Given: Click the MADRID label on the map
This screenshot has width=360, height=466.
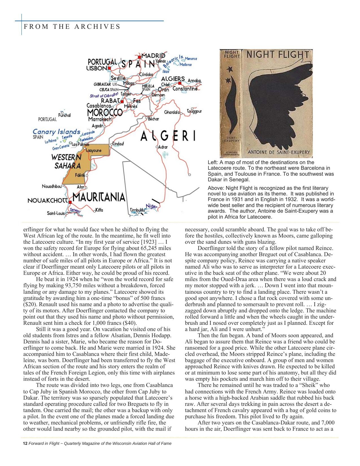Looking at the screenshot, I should click(x=153, y=55).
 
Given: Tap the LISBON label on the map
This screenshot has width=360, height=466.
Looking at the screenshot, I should click(x=97, y=68).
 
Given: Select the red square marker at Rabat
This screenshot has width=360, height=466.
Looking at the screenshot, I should click(x=122, y=101).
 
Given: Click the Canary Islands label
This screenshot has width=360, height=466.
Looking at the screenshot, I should click(x=56, y=132).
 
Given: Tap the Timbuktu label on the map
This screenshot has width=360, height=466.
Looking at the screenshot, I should click(x=138, y=210).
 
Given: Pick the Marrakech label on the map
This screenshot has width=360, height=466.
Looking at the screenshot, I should click(x=100, y=119).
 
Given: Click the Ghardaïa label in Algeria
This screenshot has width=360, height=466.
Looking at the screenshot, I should click(x=172, y=112).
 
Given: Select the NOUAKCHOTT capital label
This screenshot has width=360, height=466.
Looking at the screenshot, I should click(x=48, y=201).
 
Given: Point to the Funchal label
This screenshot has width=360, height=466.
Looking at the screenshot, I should click(x=64, y=115).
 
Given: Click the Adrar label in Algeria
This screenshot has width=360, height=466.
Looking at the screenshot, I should click(x=163, y=147).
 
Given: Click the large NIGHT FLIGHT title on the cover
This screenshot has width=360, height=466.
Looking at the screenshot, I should click(x=278, y=55).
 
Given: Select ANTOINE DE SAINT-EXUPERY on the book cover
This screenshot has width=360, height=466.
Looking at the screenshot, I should click(x=278, y=153).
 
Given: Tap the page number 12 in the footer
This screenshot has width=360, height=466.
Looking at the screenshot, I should click(x=25, y=443).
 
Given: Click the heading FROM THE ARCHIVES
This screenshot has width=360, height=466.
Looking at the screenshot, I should click(x=72, y=27).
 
